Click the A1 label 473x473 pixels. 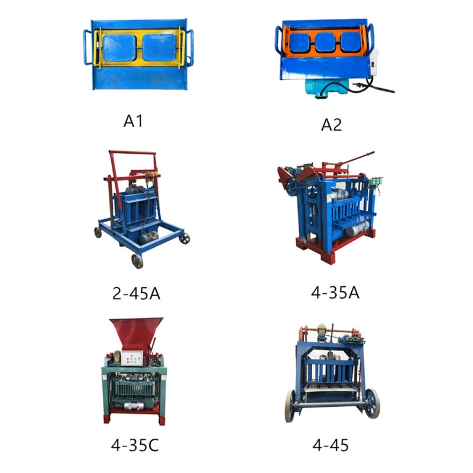pyautogui.click(x=133, y=121)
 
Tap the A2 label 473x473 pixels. pyautogui.click(x=332, y=124)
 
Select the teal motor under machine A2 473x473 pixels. pyautogui.click(x=323, y=89)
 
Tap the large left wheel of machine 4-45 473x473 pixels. pyautogui.click(x=290, y=405)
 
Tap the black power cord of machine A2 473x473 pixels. pyautogui.click(x=381, y=89)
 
